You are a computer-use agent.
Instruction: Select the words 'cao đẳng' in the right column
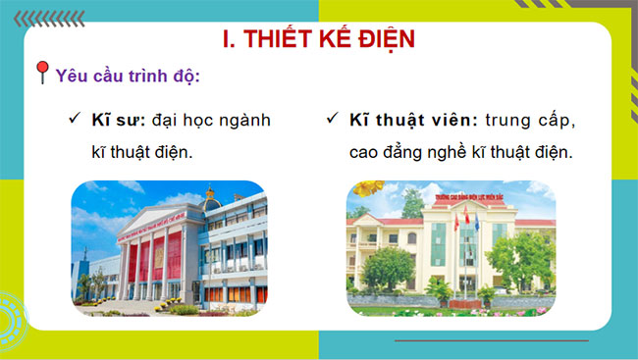pyautogui.click(x=388, y=154)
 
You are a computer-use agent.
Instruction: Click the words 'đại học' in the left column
pyautogui.click(x=186, y=120)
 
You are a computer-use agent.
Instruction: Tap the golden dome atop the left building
pyautogui.click(x=211, y=202)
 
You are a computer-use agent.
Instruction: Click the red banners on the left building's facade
pyautogui.click(x=147, y=260)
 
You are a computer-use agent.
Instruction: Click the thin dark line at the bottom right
pyautogui.click(x=491, y=341)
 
